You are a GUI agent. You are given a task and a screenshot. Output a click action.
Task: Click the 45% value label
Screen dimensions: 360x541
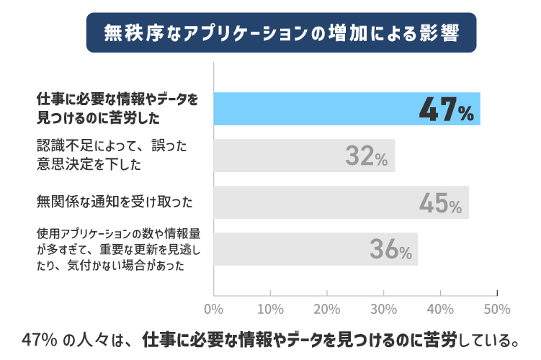click(440, 204)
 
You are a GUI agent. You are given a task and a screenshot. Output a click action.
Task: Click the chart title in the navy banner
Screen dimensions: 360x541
click(281, 32)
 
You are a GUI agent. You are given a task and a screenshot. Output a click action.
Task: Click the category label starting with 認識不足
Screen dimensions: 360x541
click(112, 154)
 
